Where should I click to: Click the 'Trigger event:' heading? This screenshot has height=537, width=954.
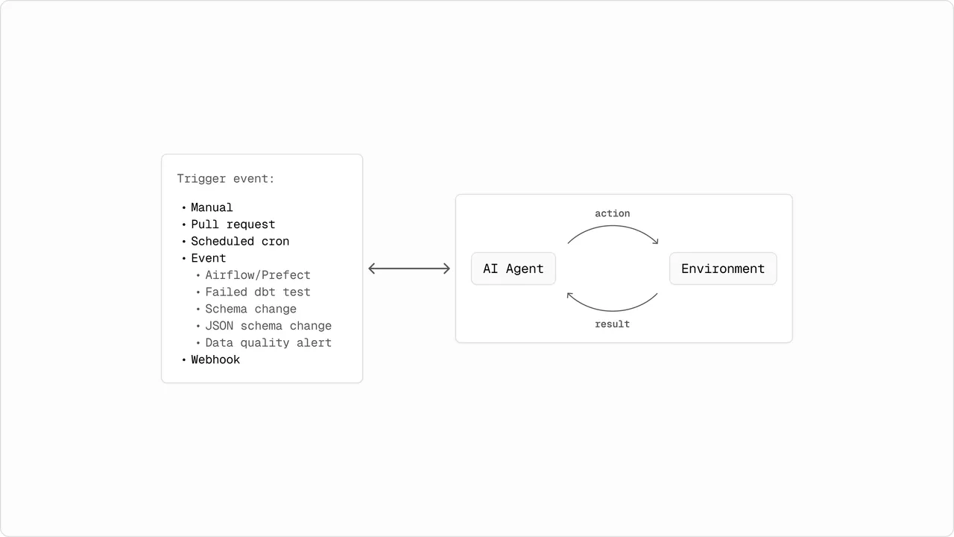(226, 178)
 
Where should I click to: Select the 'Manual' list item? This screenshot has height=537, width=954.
(212, 207)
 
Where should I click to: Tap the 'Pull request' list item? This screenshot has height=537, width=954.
(233, 224)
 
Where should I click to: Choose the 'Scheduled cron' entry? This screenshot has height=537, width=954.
(240, 241)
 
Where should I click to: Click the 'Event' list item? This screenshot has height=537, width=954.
(208, 258)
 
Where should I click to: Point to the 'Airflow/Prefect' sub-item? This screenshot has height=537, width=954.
(258, 275)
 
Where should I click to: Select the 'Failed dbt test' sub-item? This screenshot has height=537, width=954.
(258, 292)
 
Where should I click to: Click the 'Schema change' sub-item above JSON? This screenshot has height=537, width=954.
(251, 309)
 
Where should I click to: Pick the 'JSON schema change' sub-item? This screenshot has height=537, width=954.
(268, 326)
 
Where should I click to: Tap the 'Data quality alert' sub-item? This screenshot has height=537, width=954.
(268, 342)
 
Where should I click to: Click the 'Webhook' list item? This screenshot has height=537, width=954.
(215, 359)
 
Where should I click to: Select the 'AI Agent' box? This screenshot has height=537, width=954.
(514, 268)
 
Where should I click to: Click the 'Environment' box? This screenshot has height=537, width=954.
(723, 268)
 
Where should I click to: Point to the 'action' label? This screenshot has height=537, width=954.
(613, 213)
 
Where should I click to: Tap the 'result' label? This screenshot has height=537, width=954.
(613, 324)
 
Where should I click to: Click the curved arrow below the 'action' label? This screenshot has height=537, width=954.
(613, 226)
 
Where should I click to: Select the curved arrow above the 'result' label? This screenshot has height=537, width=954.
(613, 311)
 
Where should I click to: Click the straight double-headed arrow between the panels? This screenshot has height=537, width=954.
(409, 268)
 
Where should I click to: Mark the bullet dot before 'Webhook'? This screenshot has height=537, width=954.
(184, 360)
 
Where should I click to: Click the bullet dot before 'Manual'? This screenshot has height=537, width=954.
(184, 208)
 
